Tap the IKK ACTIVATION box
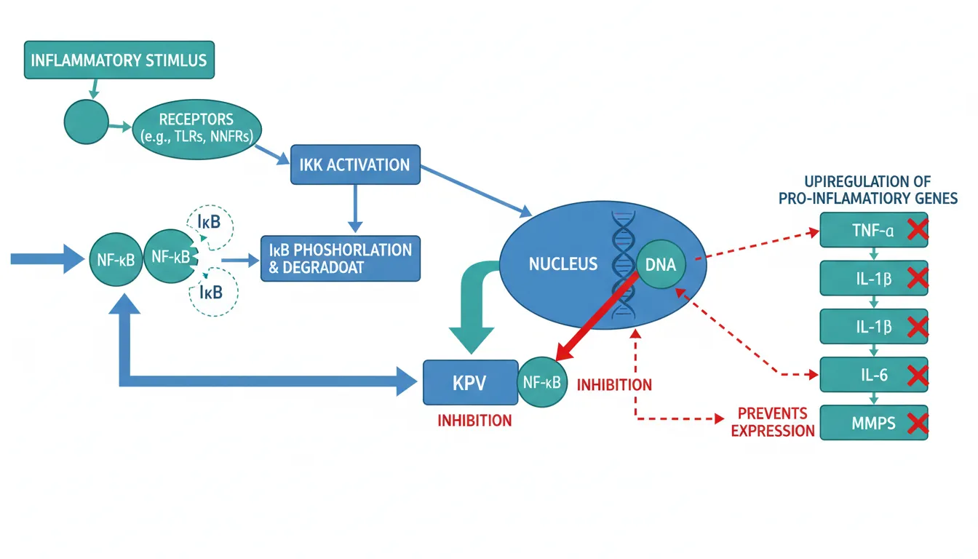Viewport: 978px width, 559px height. (x=354, y=164)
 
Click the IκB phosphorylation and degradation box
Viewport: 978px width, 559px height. (x=341, y=258)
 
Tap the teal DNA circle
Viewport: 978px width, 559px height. (x=661, y=265)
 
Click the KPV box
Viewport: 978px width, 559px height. (x=469, y=382)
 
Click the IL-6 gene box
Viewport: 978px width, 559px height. (x=873, y=376)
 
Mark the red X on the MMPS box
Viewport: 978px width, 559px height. (x=918, y=423)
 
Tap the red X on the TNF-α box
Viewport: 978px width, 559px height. (x=918, y=231)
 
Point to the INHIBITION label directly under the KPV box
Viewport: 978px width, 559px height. (x=474, y=420)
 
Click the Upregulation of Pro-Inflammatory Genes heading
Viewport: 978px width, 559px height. (x=873, y=189)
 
